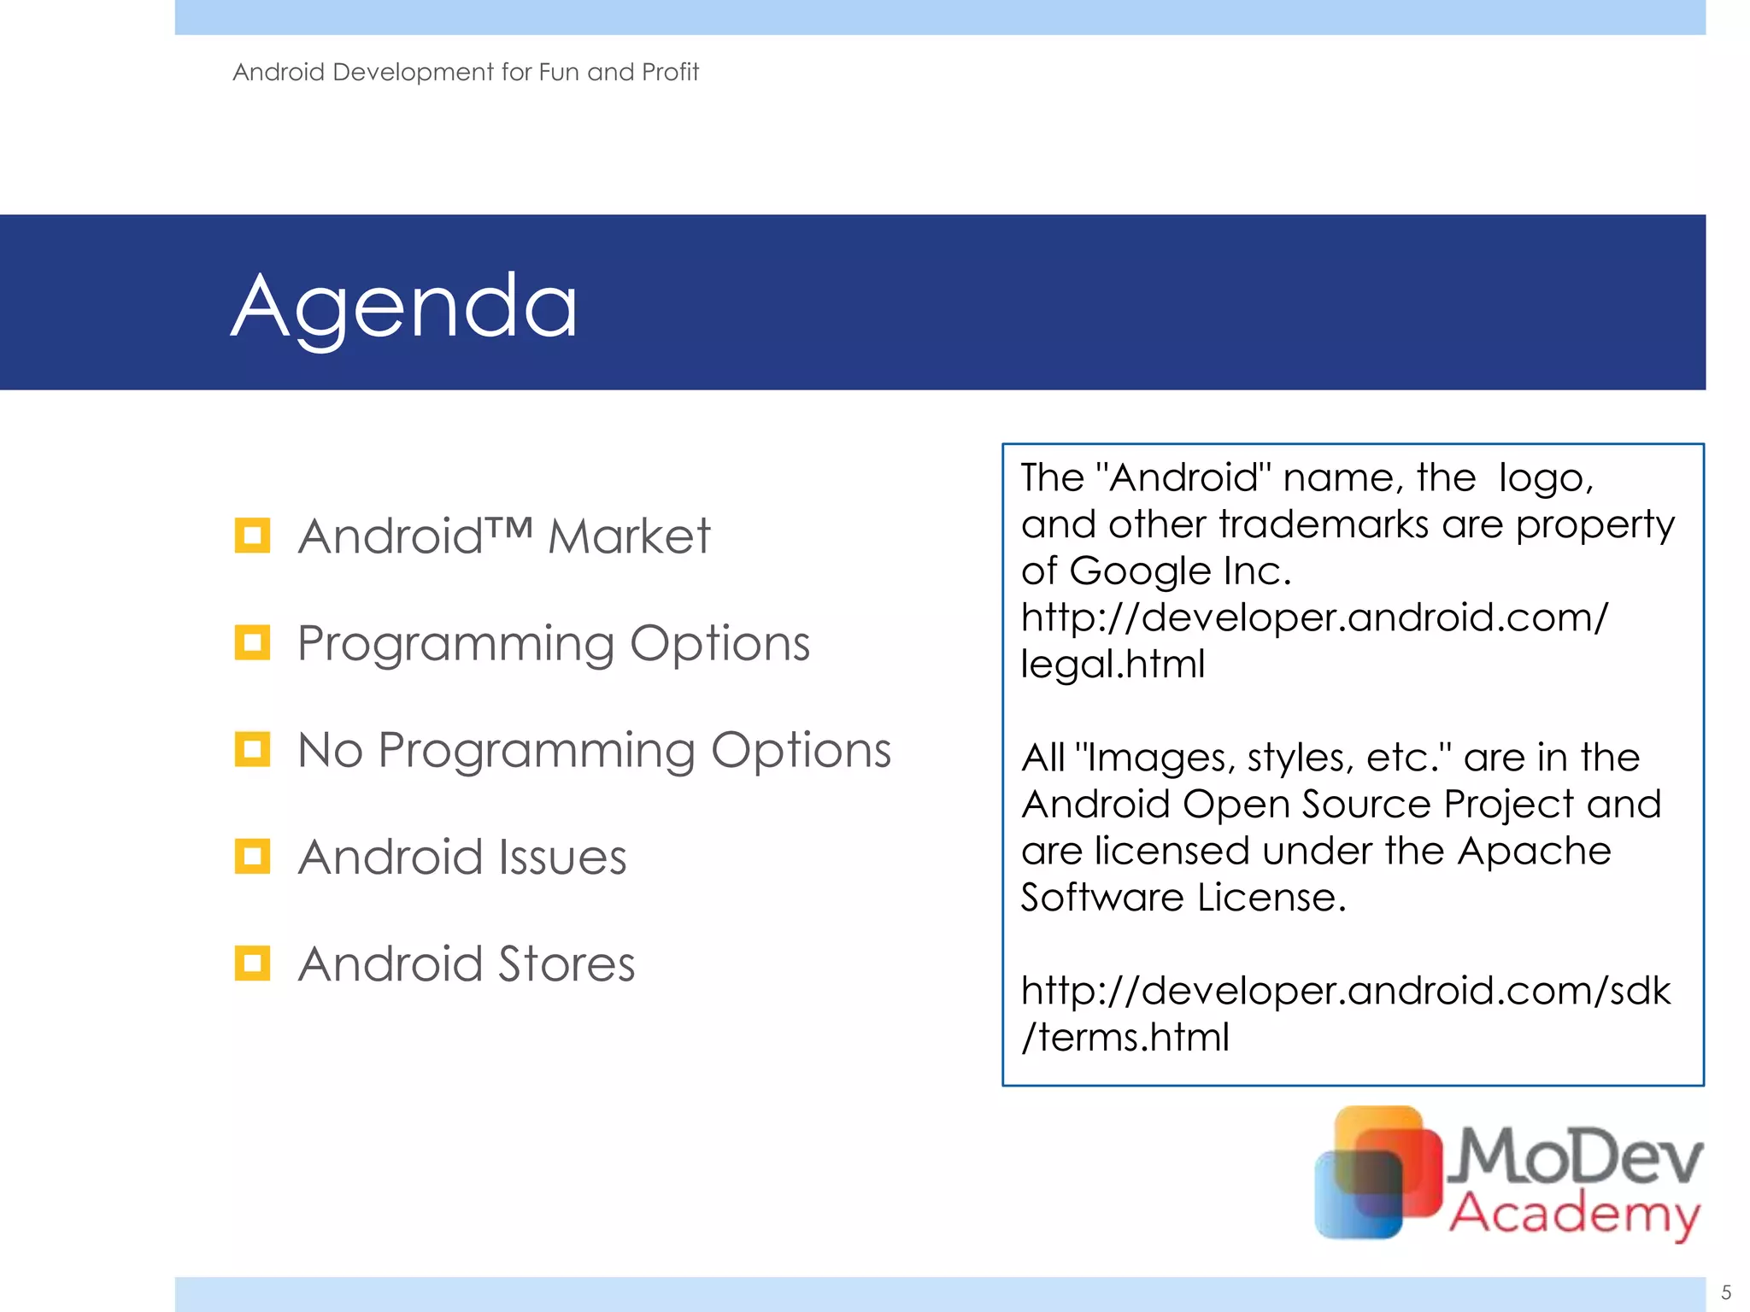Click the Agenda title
(404, 307)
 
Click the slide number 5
(1725, 1292)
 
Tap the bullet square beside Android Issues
(252, 857)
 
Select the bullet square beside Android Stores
(252, 963)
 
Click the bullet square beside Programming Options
(252, 642)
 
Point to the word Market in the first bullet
(628, 536)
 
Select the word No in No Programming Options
(330, 751)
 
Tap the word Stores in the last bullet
(567, 964)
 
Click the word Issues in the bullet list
(562, 858)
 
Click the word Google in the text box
(1139, 571)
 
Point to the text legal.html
(1113, 664)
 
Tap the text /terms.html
(1125, 1037)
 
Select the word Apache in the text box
(1534, 851)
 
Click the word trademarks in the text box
(1323, 524)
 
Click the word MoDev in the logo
(1577, 1155)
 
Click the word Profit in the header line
(670, 72)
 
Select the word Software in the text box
(1102, 898)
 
